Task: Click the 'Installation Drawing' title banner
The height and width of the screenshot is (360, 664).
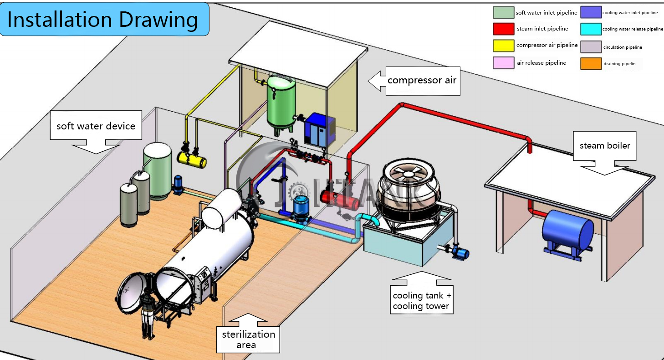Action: (104, 19)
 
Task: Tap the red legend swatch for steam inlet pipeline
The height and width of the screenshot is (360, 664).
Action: (503, 29)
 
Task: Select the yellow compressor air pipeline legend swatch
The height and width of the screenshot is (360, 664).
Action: (503, 46)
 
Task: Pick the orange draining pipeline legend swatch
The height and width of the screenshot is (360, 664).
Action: (591, 63)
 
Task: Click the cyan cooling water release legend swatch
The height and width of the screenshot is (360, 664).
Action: (591, 29)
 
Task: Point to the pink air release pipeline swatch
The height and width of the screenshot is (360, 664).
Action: (503, 62)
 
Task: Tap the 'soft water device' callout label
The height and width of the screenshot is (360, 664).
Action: (96, 126)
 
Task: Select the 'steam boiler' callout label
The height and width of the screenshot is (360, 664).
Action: (605, 146)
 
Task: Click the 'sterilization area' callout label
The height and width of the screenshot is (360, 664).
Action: (248, 339)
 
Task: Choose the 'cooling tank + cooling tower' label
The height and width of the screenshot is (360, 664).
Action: (422, 300)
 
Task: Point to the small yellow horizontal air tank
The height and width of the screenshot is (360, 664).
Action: (192, 160)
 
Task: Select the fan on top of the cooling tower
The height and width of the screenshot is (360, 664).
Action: (409, 175)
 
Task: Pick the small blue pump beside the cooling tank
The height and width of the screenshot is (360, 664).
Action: (460, 253)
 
